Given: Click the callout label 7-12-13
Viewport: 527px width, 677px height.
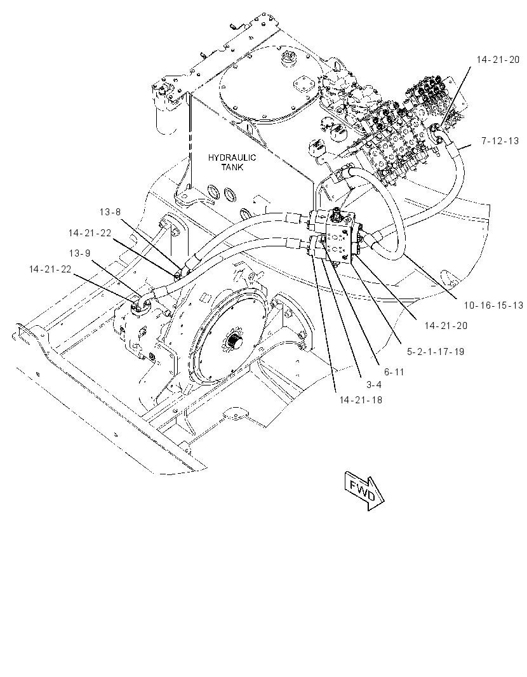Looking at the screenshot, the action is tap(500, 141).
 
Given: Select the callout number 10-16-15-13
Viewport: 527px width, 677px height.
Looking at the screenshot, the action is tap(493, 305).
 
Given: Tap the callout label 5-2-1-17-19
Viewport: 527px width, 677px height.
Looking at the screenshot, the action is tap(436, 351).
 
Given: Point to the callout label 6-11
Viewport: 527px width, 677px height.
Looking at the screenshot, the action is tap(394, 372).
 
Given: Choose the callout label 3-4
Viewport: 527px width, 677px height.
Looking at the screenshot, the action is tap(374, 384).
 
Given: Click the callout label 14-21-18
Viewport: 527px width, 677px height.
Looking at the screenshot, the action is tap(361, 400).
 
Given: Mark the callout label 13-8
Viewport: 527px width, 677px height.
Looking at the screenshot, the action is tap(110, 212).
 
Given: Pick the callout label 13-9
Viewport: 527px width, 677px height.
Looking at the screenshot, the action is tap(80, 253).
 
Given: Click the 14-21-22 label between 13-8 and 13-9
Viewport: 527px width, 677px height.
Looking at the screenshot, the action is tap(90, 233).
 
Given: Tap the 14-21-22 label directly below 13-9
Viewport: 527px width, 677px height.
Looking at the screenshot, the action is tap(50, 269).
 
